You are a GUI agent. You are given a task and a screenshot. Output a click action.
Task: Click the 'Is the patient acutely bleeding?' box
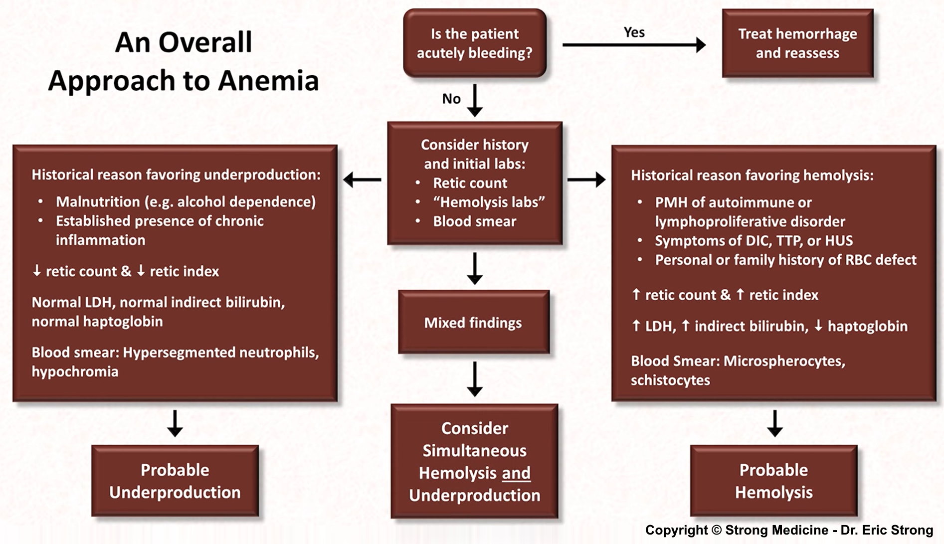pos(474,43)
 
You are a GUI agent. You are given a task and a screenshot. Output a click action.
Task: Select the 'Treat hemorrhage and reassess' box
pos(797,43)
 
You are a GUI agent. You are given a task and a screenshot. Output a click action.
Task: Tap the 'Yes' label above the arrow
pos(634,32)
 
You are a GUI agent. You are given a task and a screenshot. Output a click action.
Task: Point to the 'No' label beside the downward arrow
pos(451,99)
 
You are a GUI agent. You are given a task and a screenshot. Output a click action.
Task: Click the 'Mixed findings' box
pos(473,323)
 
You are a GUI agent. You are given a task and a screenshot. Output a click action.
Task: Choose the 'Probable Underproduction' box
pos(175,481)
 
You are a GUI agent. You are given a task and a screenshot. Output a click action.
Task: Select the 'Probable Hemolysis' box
pos(773,481)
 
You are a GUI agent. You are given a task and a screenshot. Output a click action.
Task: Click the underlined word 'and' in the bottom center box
pos(516,473)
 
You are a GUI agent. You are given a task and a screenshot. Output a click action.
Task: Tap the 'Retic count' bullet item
pos(470,183)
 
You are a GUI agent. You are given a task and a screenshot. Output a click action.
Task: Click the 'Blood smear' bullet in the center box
pos(474,221)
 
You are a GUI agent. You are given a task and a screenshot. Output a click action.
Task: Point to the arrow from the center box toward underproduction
pos(363,180)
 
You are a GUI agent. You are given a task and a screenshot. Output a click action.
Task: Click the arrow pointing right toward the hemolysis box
pos(586,180)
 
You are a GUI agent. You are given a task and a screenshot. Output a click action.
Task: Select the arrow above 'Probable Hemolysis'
pos(774,423)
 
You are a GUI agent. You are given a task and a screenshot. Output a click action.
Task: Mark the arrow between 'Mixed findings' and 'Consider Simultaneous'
pos(475,379)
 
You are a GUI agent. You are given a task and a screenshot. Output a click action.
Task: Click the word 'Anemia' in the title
pos(268,80)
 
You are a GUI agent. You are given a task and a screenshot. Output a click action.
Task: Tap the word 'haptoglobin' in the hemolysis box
pos(867,326)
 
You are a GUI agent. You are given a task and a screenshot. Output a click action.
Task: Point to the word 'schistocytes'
pos(670,380)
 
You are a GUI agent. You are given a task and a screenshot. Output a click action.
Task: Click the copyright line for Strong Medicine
pos(789,530)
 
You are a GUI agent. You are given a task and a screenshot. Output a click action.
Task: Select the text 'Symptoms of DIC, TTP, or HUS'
pos(754,241)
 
